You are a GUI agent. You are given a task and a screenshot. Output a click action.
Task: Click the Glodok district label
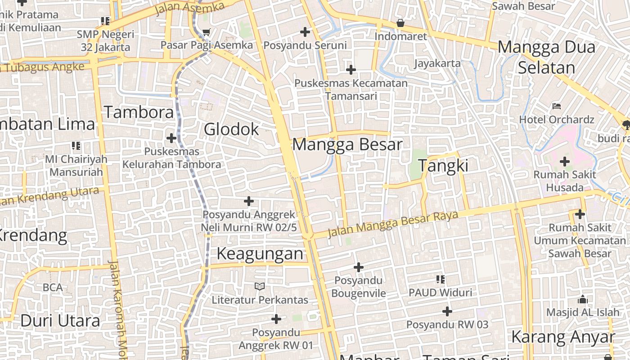coord(231,130)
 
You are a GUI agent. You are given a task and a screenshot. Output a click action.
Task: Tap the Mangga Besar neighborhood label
coord(347,145)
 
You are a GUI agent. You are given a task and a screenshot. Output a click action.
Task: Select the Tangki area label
coord(444,166)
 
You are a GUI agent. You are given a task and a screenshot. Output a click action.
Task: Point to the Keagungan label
coord(260,254)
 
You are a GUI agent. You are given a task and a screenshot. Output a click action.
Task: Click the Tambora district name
coord(139,112)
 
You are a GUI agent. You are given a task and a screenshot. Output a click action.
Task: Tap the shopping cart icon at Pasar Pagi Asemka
coord(207,32)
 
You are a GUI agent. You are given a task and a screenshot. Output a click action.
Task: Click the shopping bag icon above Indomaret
coord(400,23)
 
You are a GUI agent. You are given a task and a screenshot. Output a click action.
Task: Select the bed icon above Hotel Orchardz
coord(557,107)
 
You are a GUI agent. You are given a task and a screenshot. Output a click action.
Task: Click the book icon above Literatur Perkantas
coord(260,286)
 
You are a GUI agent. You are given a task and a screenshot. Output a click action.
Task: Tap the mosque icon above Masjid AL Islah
coord(583,299)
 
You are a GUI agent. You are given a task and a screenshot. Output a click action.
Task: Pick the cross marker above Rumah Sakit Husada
coord(564,162)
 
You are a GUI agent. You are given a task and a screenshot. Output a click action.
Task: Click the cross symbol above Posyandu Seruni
coord(305,32)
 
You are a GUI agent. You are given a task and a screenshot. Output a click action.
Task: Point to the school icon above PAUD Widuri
coord(441,279)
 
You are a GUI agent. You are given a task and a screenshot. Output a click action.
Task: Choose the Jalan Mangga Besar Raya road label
coord(392,224)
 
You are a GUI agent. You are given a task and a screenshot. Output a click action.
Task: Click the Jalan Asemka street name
coord(189,8)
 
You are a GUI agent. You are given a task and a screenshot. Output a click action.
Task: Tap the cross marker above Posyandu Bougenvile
coord(358,268)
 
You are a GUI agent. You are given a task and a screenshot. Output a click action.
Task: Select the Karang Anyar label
coord(562,337)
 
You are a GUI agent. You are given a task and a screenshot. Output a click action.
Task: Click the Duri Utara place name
coord(60,321)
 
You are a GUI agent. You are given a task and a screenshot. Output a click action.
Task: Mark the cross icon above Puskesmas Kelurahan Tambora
coord(171,138)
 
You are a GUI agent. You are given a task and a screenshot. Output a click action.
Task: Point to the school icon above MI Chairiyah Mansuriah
coord(76,146)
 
